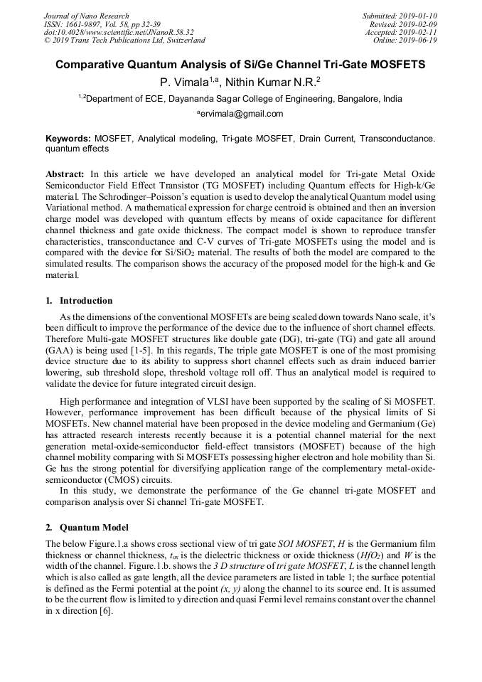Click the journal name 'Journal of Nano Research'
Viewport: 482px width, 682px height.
point(87,16)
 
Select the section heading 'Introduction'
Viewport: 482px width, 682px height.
point(86,301)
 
